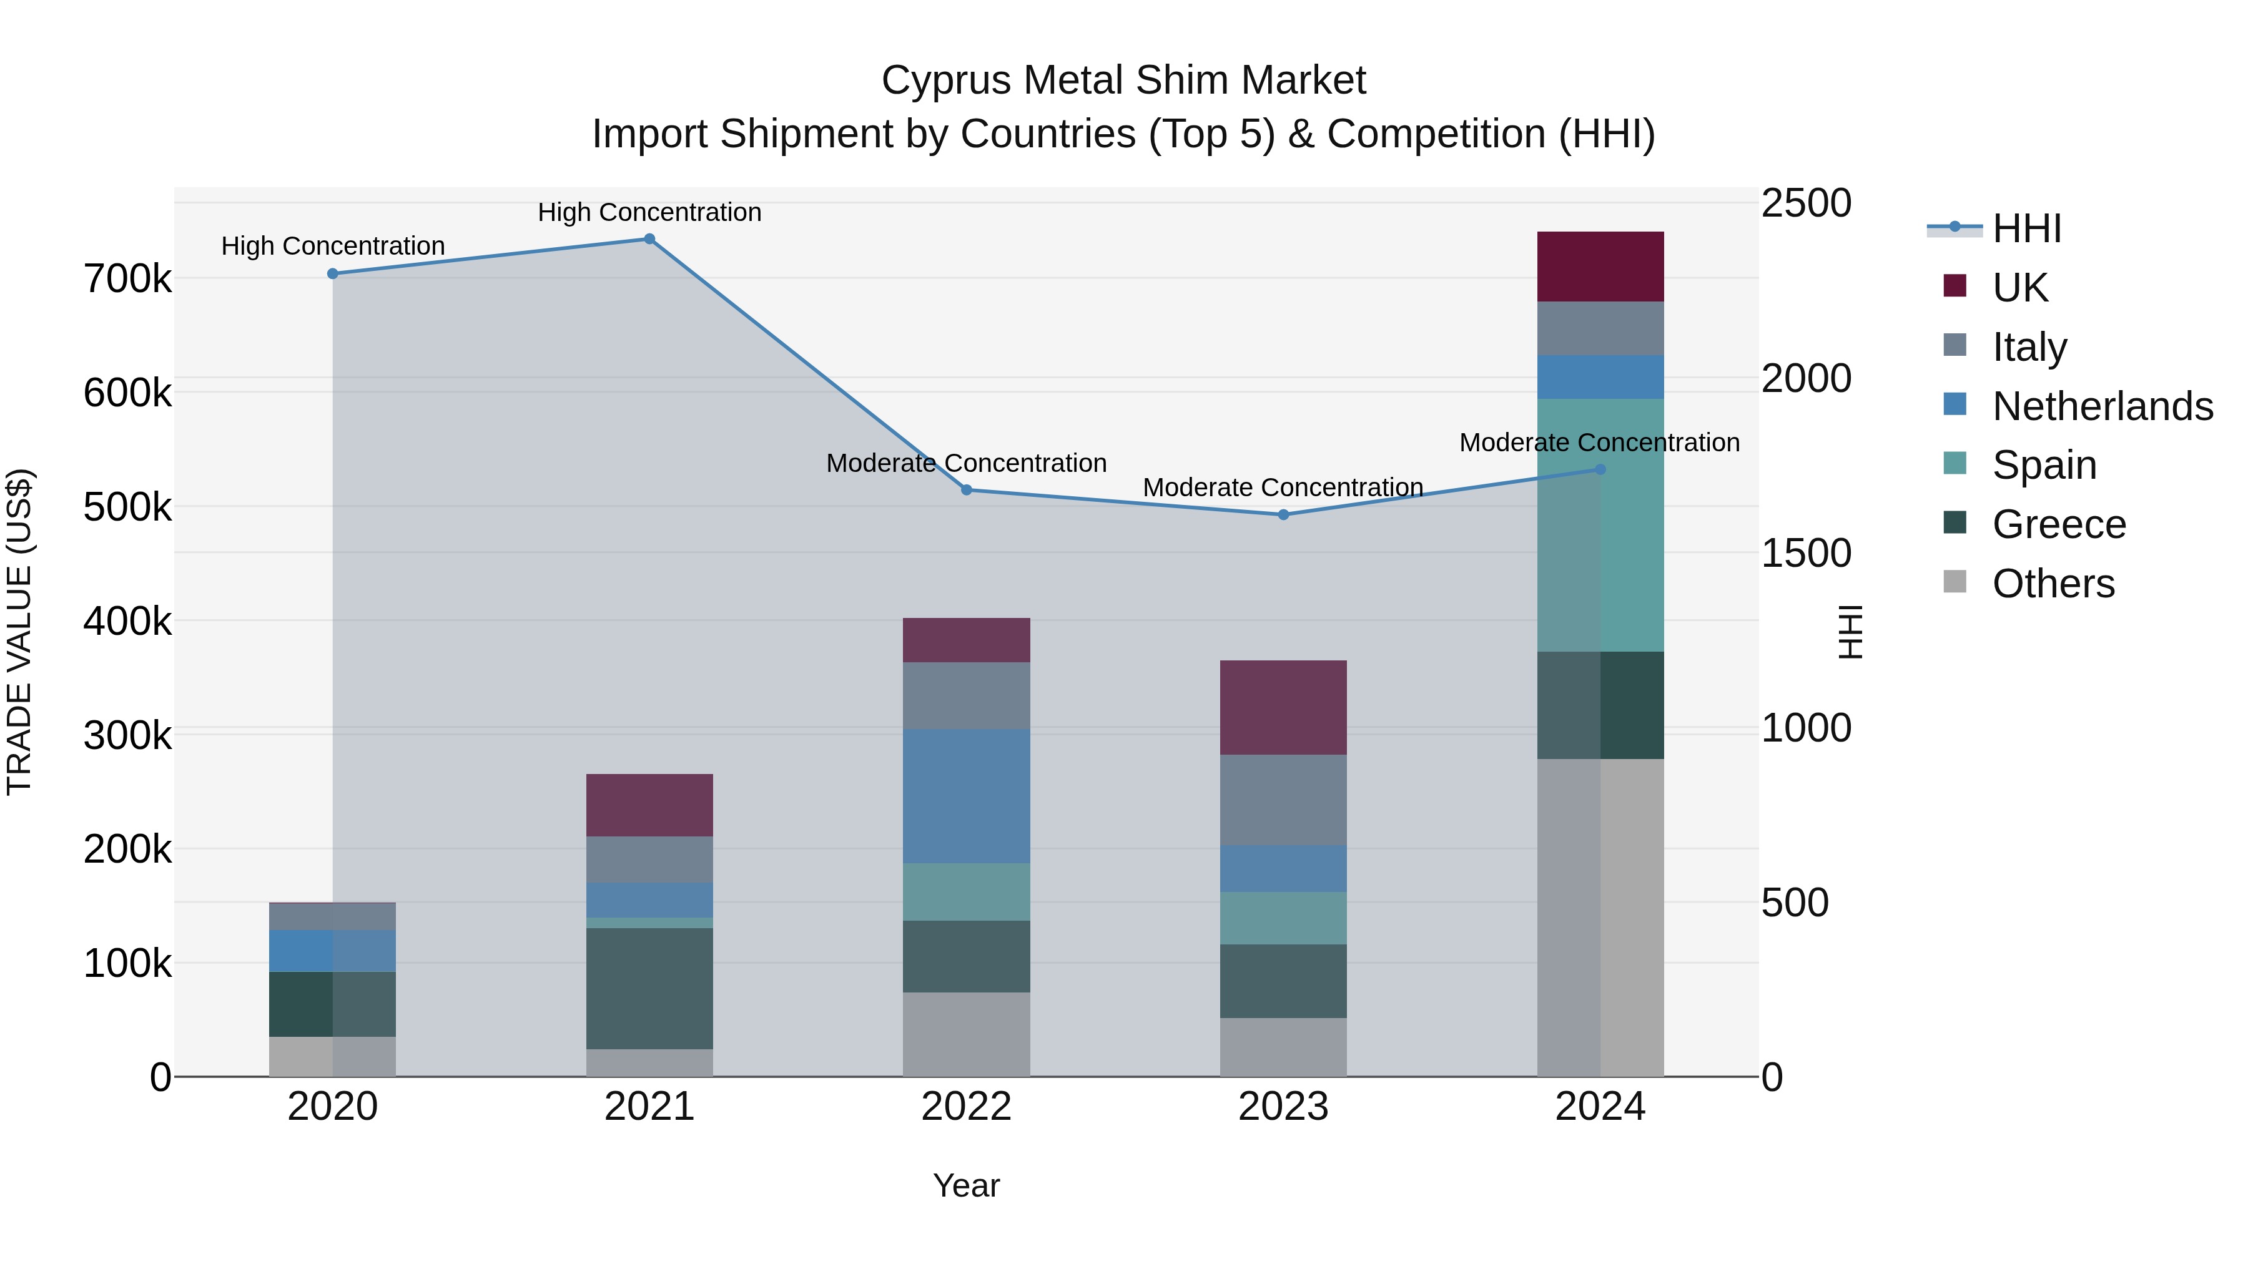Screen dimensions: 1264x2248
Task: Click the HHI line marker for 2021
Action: [649, 239]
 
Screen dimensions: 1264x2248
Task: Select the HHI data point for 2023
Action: [1283, 515]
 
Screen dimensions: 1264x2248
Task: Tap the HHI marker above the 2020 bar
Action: [332, 274]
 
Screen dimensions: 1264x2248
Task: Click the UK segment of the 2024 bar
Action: [1600, 267]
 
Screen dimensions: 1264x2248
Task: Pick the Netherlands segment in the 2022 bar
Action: [966, 796]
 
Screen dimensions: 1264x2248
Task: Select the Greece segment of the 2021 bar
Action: [649, 987]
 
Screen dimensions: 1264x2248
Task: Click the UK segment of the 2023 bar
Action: [1283, 707]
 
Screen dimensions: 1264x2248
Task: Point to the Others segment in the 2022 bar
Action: [966, 1034]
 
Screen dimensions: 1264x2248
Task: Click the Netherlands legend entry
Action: [2101, 406]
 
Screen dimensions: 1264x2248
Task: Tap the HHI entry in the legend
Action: [2026, 228]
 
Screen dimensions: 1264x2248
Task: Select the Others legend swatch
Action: [1955, 582]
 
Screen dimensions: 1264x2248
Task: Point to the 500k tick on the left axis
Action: [127, 507]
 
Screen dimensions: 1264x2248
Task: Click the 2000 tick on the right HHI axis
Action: [1805, 379]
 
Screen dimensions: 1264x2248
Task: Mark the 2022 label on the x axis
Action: [966, 1107]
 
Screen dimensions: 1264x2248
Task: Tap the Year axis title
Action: [966, 1185]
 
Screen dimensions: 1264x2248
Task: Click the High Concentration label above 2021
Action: [649, 212]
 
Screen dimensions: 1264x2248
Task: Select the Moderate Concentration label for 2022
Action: [966, 463]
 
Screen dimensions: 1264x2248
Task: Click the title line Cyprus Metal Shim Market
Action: [1123, 81]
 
